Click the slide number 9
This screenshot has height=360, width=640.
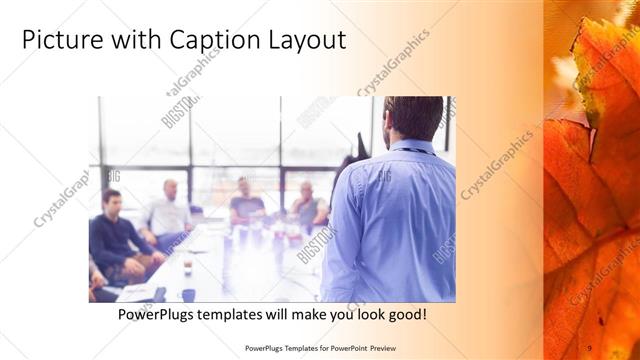pyautogui.click(x=589, y=347)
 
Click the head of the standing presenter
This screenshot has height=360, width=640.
pyautogui.click(x=412, y=118)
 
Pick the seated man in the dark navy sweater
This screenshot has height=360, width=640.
pyautogui.click(x=113, y=235)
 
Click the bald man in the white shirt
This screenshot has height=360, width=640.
pyautogui.click(x=167, y=212)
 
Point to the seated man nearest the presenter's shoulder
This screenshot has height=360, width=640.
pyautogui.click(x=307, y=205)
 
